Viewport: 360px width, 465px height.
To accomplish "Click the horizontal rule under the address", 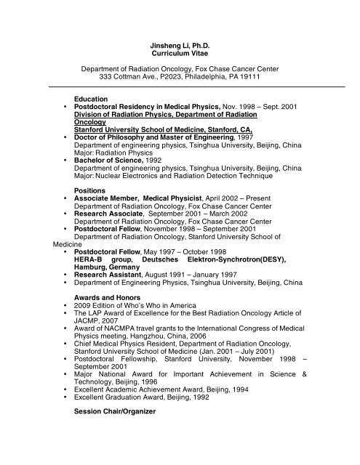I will tap(180, 86).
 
